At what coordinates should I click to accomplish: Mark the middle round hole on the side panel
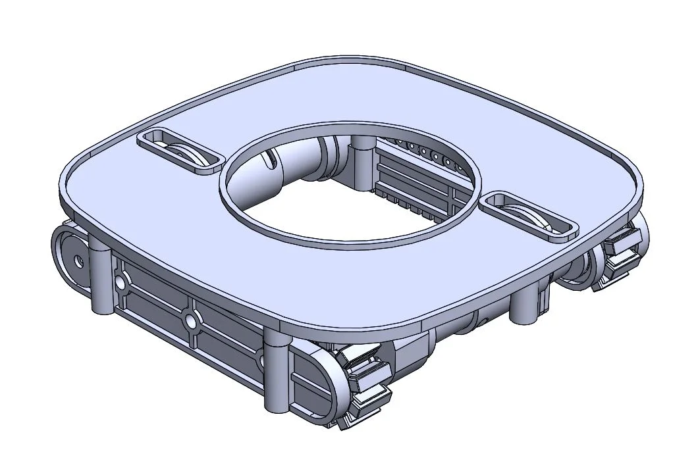191,321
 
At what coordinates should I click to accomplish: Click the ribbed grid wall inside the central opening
415,184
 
